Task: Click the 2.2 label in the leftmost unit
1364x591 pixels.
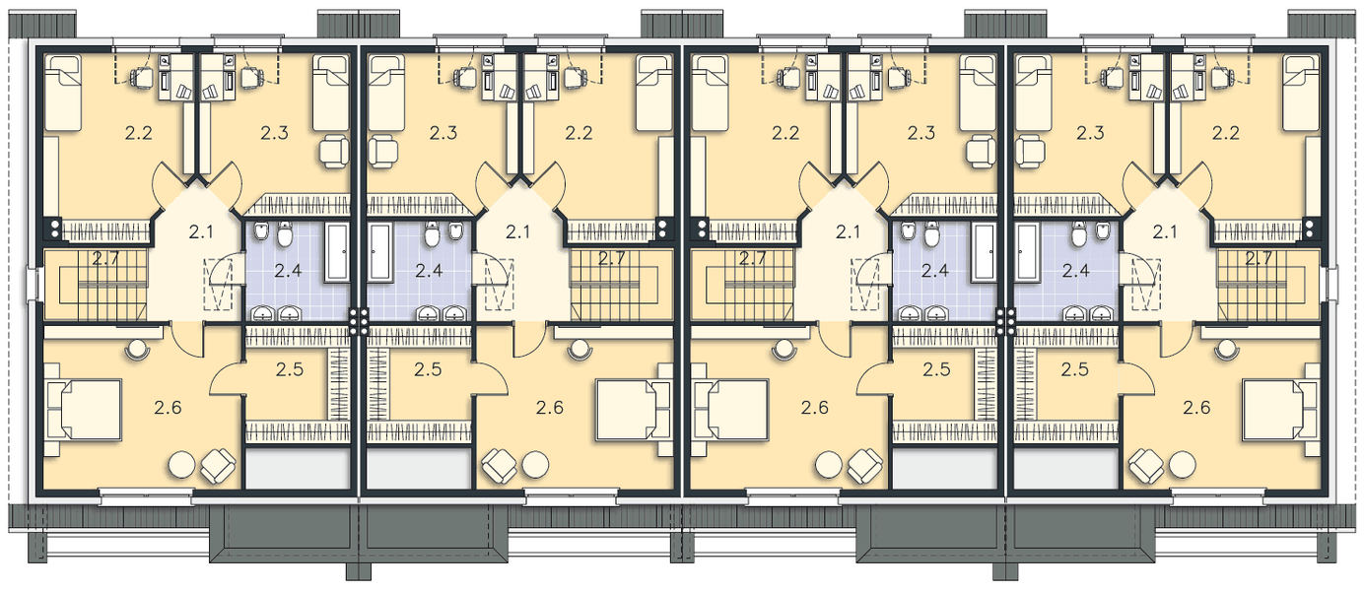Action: point(139,133)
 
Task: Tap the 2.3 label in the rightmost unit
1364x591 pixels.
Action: point(1090,133)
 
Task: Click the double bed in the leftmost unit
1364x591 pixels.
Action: point(84,409)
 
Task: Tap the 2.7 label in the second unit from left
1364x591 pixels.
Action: point(611,259)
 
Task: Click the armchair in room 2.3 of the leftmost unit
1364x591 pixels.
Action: point(334,151)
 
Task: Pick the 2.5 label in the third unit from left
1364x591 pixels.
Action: point(936,369)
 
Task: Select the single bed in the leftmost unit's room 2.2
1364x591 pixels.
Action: point(63,92)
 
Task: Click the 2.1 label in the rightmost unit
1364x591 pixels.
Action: point(1165,231)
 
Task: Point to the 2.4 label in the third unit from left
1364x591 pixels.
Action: point(934,270)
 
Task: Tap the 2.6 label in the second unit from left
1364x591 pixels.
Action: point(550,408)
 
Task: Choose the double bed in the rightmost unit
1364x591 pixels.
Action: point(1280,409)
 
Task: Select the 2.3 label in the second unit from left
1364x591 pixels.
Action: point(443,133)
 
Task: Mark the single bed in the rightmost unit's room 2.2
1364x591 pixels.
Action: point(1301,92)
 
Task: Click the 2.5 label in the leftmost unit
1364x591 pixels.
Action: point(290,369)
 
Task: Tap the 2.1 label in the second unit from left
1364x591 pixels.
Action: point(518,231)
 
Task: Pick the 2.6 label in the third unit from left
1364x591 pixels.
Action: point(815,408)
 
